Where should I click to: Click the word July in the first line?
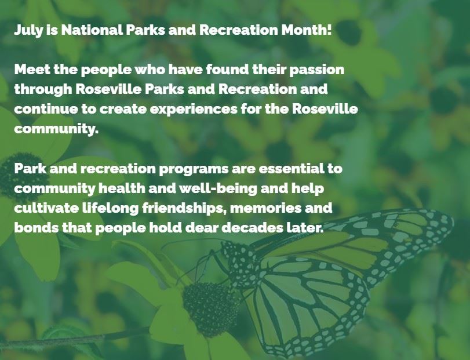pos(28,30)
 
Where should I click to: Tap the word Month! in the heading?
pos(307,30)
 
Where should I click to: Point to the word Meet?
pos(32,70)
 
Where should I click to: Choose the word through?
pos(43,90)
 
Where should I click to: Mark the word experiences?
pos(194,110)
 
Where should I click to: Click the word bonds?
pos(37,228)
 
